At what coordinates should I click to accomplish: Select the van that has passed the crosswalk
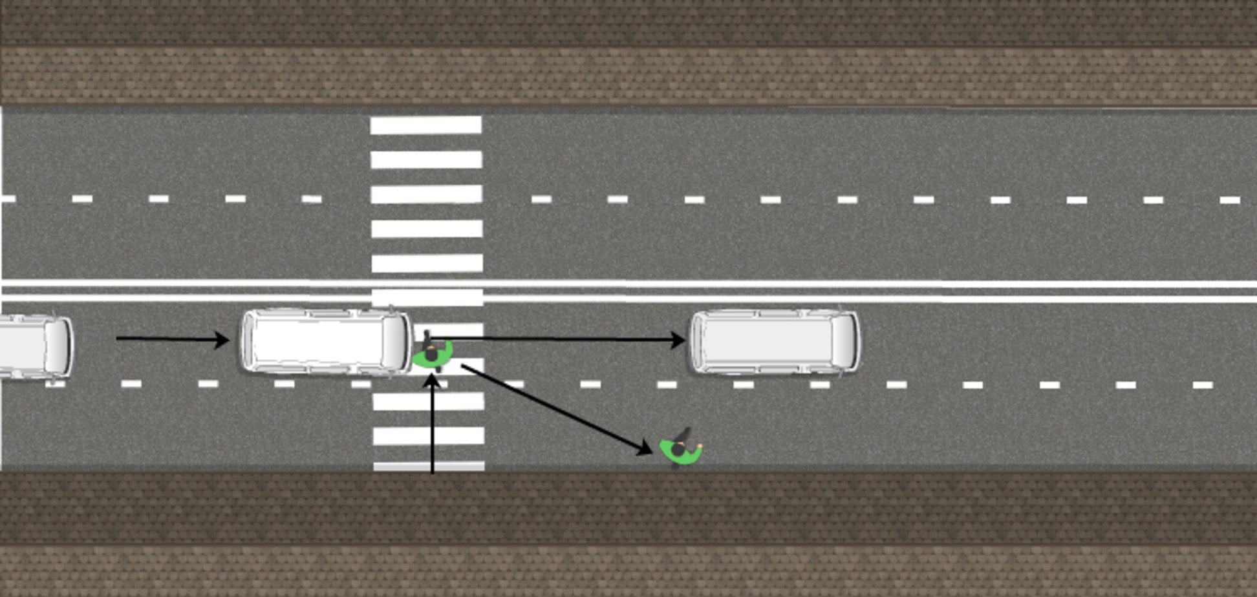pos(774,342)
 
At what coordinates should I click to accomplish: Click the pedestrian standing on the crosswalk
pos(432,353)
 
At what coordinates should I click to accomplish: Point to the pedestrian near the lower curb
pos(680,448)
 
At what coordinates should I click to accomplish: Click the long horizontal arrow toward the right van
pos(556,338)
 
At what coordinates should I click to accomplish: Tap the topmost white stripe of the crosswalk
pos(425,125)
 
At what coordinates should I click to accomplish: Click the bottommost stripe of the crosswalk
pos(429,466)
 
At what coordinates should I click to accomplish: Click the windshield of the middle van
pos(393,342)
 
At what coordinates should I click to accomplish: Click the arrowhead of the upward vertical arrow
pos(433,381)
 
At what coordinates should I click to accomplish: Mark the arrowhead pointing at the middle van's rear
pos(222,339)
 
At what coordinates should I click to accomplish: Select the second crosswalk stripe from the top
pos(426,160)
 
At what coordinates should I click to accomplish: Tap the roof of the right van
pos(763,342)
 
